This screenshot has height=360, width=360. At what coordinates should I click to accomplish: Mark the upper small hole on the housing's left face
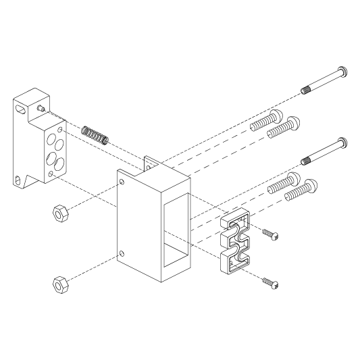(122, 182)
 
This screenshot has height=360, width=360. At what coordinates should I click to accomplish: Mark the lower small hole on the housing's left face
(122, 254)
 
